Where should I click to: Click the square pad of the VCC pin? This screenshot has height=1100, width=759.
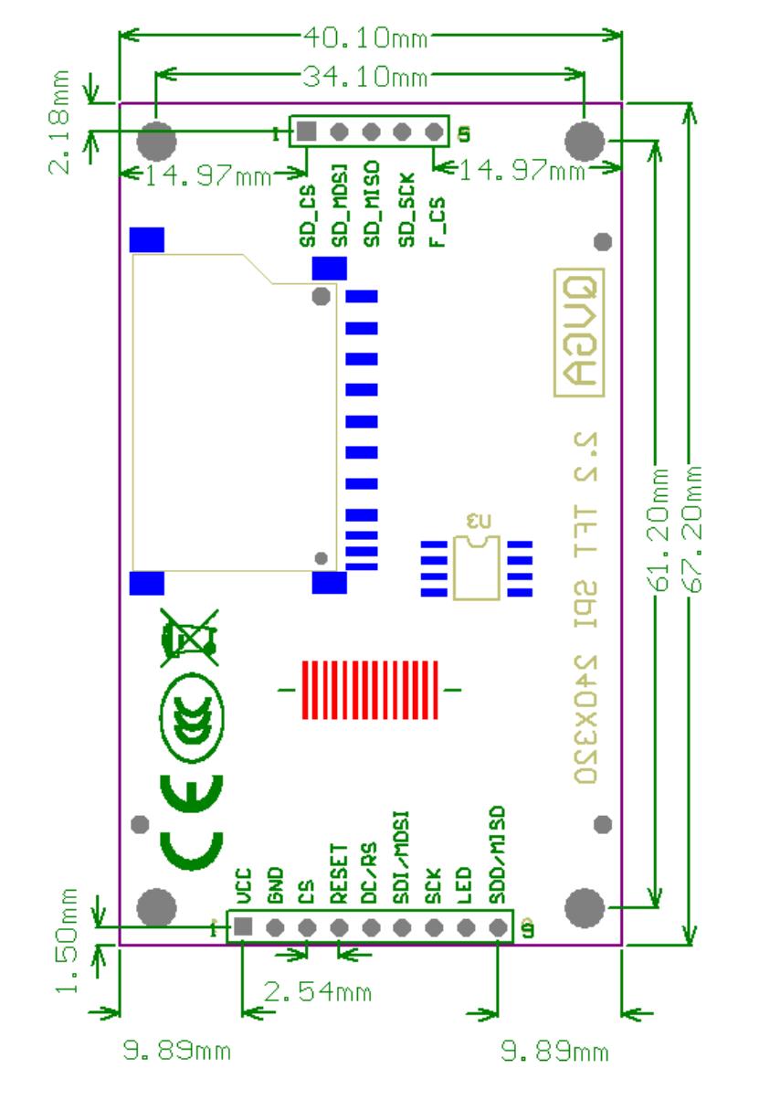[x=243, y=927]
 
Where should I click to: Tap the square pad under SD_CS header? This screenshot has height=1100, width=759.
[x=308, y=132]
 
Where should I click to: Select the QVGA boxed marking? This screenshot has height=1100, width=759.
[x=577, y=333]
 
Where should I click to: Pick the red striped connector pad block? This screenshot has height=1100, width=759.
[x=369, y=690]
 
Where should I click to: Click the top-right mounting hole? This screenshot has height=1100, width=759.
[x=585, y=140]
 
